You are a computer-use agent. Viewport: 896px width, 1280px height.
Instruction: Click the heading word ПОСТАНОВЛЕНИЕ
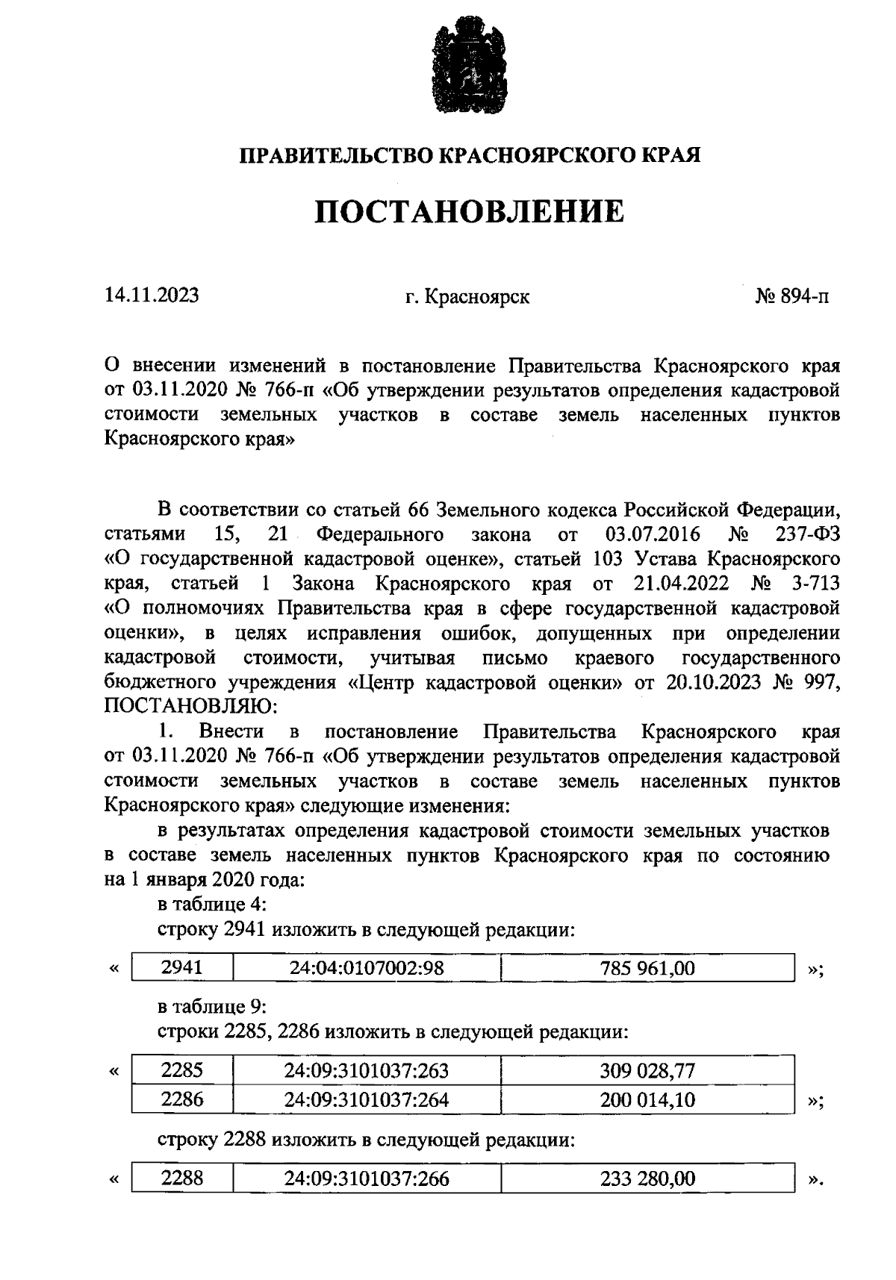469,213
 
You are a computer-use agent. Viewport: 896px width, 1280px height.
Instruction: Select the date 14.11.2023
152,296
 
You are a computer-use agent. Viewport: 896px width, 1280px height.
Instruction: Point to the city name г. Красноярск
467,297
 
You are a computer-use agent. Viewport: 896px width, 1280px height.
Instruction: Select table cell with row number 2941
182,968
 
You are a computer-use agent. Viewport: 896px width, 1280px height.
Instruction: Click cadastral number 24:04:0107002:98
367,968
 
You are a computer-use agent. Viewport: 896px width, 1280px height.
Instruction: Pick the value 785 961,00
647,968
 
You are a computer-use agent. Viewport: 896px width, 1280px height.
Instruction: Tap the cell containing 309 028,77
647,1071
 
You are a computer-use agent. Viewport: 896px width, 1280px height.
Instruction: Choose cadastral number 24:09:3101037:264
367,1099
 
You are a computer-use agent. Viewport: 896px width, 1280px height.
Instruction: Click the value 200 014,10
647,1099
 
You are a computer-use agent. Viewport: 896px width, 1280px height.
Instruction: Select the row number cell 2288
182,1178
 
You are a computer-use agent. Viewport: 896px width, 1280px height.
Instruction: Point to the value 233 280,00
647,1178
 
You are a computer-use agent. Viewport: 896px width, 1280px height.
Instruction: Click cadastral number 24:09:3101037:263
367,1071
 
